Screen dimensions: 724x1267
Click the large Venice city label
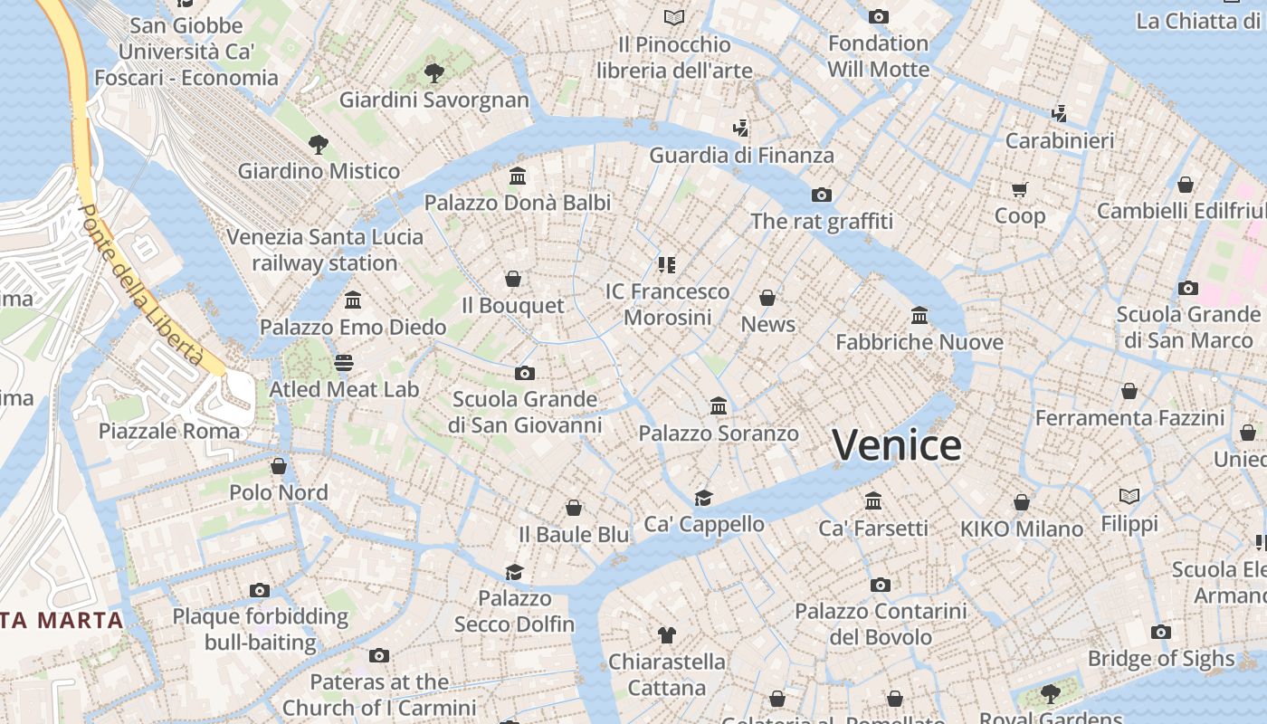[896, 445]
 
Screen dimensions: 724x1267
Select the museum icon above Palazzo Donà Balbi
[518, 175]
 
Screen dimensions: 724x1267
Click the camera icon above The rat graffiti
[821, 195]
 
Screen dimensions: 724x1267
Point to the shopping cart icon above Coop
[1020, 189]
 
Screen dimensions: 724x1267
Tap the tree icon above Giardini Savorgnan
[434, 72]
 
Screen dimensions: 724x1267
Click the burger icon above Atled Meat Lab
[344, 363]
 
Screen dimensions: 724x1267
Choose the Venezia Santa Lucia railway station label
[325, 250]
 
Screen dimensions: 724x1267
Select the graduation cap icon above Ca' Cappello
[703, 498]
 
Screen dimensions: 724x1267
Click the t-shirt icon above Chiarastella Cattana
[666, 635]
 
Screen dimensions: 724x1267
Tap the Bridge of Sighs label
[1161, 659]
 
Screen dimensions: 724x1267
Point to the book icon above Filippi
[1129, 497]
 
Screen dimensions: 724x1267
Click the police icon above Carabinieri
[1060, 114]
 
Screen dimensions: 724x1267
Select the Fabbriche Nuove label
[919, 342]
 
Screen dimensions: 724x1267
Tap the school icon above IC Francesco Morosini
[667, 265]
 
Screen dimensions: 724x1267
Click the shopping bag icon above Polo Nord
[279, 466]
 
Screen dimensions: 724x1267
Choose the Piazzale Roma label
[169, 431]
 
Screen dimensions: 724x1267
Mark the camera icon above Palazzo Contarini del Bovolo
[880, 586]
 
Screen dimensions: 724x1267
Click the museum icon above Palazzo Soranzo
[719, 405]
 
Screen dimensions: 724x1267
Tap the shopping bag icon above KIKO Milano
[1022, 502]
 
